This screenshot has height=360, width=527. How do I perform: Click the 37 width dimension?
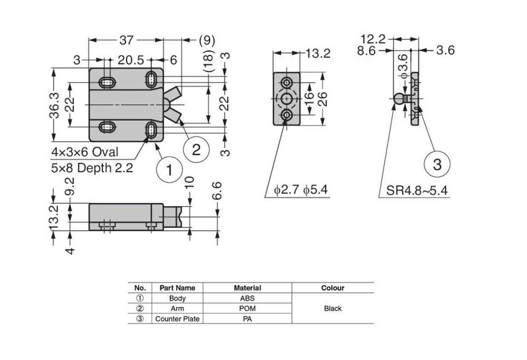126,40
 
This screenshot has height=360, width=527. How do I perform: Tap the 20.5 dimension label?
130,60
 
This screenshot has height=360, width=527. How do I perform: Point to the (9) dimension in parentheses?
207,40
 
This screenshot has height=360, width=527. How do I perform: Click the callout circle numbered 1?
169,170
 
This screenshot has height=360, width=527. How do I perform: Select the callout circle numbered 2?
196,150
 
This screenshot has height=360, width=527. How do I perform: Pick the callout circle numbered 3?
437,164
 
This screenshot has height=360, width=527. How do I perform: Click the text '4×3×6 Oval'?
85,152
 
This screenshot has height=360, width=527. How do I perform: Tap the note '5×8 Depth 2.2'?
92,167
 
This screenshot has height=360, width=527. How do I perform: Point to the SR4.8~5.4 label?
417,190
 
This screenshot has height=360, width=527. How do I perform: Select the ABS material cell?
247,298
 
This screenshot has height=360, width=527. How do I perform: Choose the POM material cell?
247,308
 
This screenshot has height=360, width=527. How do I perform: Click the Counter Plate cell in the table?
177,319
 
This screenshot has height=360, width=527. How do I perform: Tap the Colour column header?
332,288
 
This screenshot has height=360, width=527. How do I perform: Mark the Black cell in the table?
332,308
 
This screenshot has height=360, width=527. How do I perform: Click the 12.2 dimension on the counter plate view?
373,39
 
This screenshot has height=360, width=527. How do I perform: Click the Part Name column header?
177,288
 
